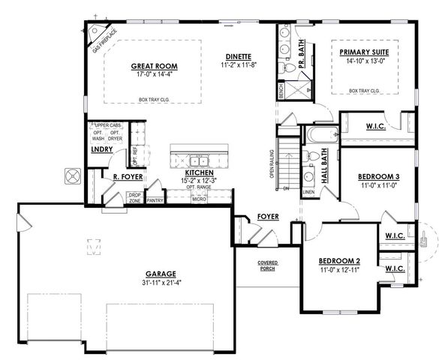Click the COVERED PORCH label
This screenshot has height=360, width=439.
tap(268, 265)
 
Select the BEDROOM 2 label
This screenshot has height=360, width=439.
tap(340, 261)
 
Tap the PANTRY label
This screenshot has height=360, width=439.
tap(155, 200)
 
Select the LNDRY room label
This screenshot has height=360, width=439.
tap(101, 149)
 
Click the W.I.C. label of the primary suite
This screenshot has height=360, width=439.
tap(376, 126)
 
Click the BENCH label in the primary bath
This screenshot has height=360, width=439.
tap(281, 91)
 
